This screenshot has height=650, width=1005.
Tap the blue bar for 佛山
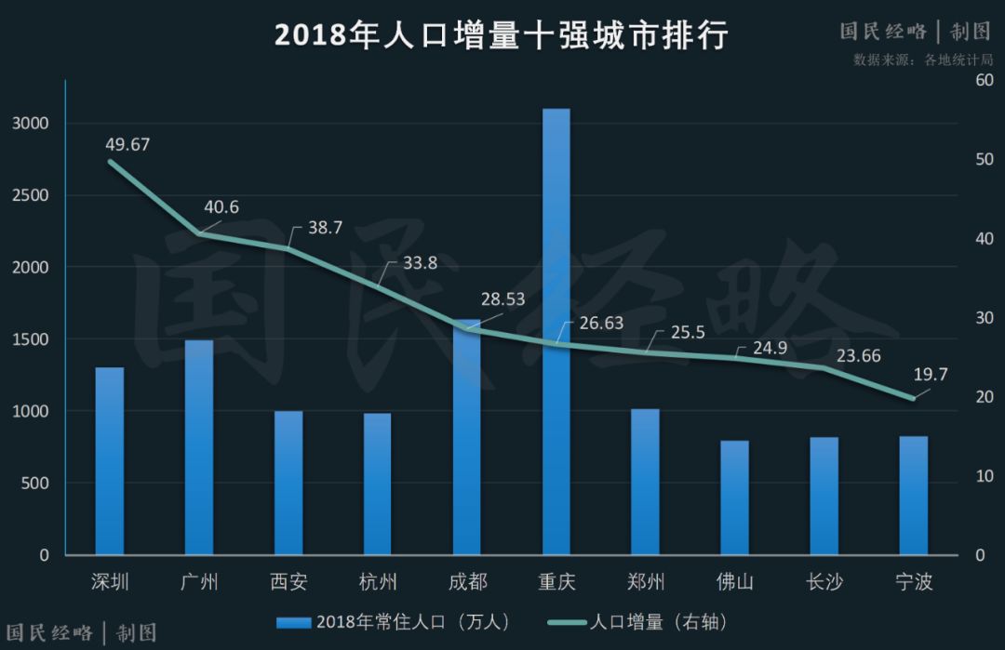734,497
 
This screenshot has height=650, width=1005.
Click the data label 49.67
127,144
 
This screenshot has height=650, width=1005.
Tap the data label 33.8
420,263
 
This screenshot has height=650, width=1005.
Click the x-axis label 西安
288,583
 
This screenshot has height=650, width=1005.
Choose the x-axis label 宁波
913,583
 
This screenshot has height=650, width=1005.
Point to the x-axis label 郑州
646,583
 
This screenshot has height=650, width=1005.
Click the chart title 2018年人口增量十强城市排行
501,35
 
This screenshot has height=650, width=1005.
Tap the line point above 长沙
824,367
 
